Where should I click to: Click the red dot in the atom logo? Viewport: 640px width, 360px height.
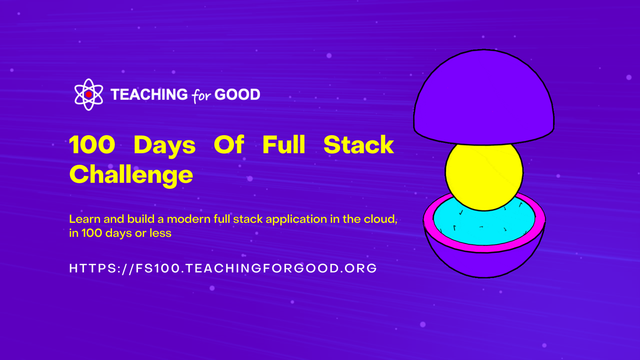click(x=89, y=94)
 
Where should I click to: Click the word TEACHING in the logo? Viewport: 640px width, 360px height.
click(x=149, y=94)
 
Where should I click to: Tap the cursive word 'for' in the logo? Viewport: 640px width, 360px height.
click(x=202, y=96)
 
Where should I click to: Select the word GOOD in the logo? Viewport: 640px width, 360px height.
click(x=238, y=94)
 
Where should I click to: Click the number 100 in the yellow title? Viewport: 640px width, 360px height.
click(x=92, y=144)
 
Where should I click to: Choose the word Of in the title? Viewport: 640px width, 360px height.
click(x=229, y=144)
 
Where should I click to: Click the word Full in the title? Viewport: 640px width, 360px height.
click(x=284, y=144)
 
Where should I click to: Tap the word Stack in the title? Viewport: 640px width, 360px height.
click(x=359, y=144)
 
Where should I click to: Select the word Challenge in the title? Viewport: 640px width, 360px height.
click(x=131, y=176)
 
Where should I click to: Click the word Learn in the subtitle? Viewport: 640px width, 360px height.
click(x=85, y=219)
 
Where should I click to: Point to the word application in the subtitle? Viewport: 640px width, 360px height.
click(x=296, y=220)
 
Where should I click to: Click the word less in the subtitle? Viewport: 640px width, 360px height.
click(x=161, y=233)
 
